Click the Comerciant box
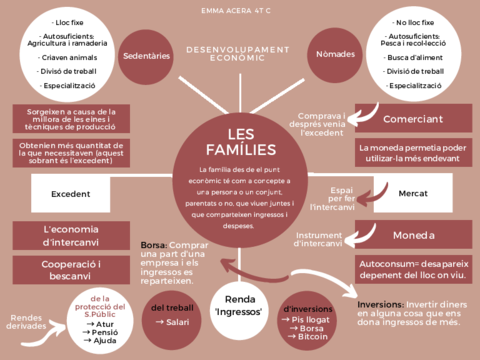tap(413, 118)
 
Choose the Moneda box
tap(413, 237)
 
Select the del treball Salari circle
tap(172, 315)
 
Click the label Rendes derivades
tap(28, 322)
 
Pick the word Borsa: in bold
tap(153, 246)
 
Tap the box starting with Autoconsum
tap(413, 270)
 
